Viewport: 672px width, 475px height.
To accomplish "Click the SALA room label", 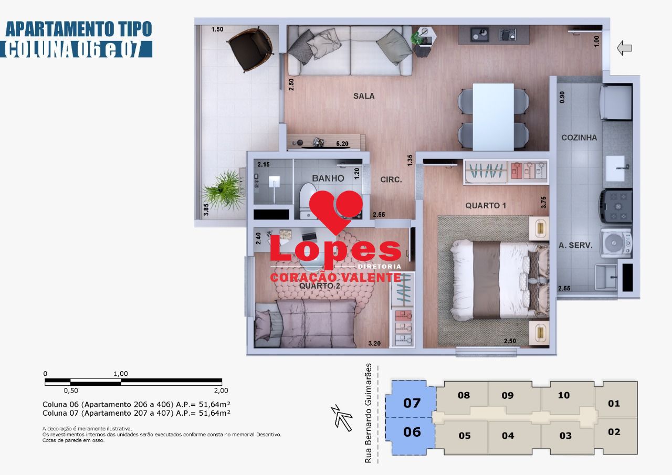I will [364, 96].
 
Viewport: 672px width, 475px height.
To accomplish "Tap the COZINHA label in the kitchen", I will [579, 138].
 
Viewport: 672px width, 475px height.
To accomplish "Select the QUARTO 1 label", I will [486, 206].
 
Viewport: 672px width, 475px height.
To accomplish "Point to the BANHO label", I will [328, 178].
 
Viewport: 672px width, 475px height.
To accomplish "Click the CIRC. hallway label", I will [391, 180].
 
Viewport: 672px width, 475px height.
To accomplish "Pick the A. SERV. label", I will [575, 245].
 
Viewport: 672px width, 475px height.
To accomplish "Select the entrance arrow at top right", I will [624, 48].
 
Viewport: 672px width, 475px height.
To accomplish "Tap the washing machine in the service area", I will [615, 242].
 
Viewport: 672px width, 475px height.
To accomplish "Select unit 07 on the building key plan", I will [412, 403].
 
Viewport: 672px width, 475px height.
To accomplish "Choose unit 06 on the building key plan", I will [412, 432].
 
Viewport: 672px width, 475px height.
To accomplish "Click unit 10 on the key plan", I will [563, 396].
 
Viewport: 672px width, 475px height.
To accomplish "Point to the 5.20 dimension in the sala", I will [342, 143].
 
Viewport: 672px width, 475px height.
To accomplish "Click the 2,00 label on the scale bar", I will [220, 390].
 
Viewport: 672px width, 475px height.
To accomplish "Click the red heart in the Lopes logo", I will [336, 210].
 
